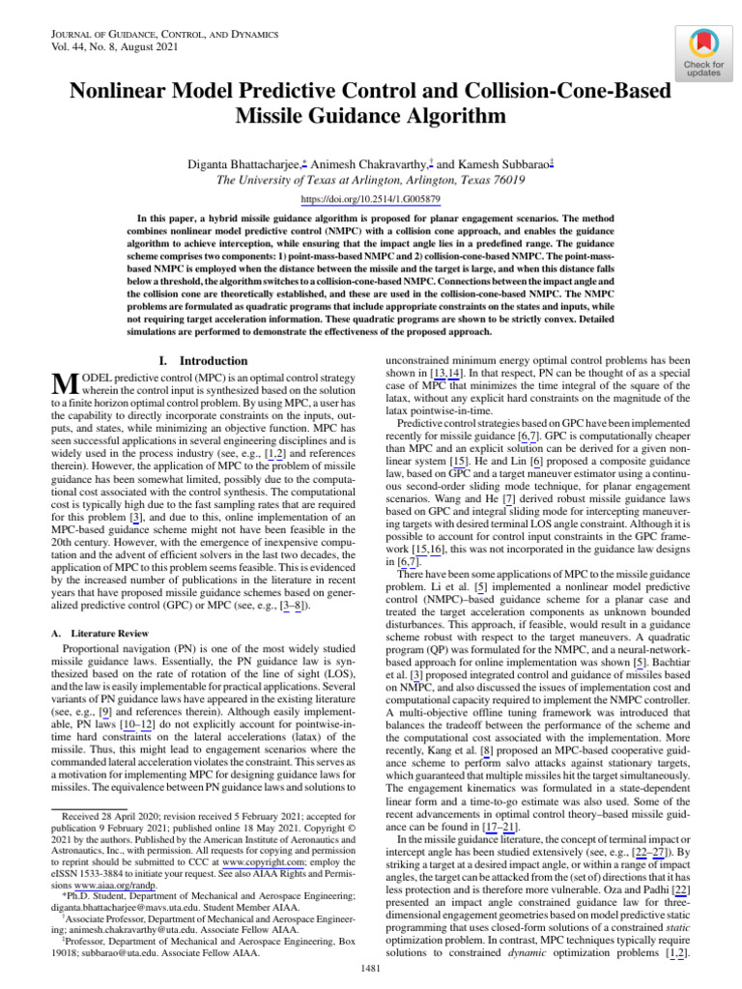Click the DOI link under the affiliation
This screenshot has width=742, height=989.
(371, 199)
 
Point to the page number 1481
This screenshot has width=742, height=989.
(371, 969)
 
